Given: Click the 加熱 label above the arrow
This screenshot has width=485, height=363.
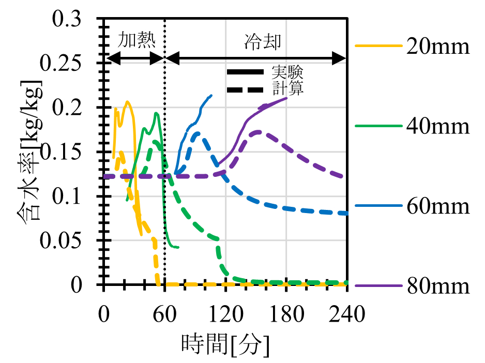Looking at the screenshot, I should click(137, 40).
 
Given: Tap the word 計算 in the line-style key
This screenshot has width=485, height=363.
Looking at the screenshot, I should click(287, 88).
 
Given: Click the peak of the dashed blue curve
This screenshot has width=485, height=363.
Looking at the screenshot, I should click(198, 132).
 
